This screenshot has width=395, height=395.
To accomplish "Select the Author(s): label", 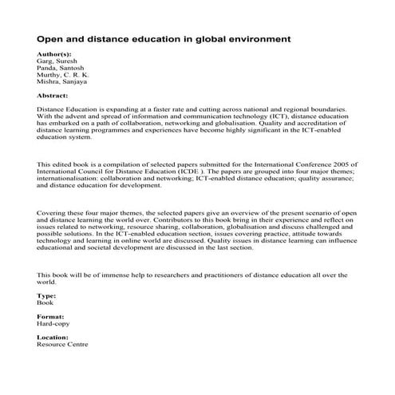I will pyautogui.click(x=53, y=53).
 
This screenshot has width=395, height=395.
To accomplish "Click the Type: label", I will pyautogui.click(x=46, y=296).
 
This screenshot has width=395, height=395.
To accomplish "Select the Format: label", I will pyautogui.click(x=51, y=317).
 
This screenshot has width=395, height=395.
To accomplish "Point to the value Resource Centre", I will pyautogui.click(x=63, y=346).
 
